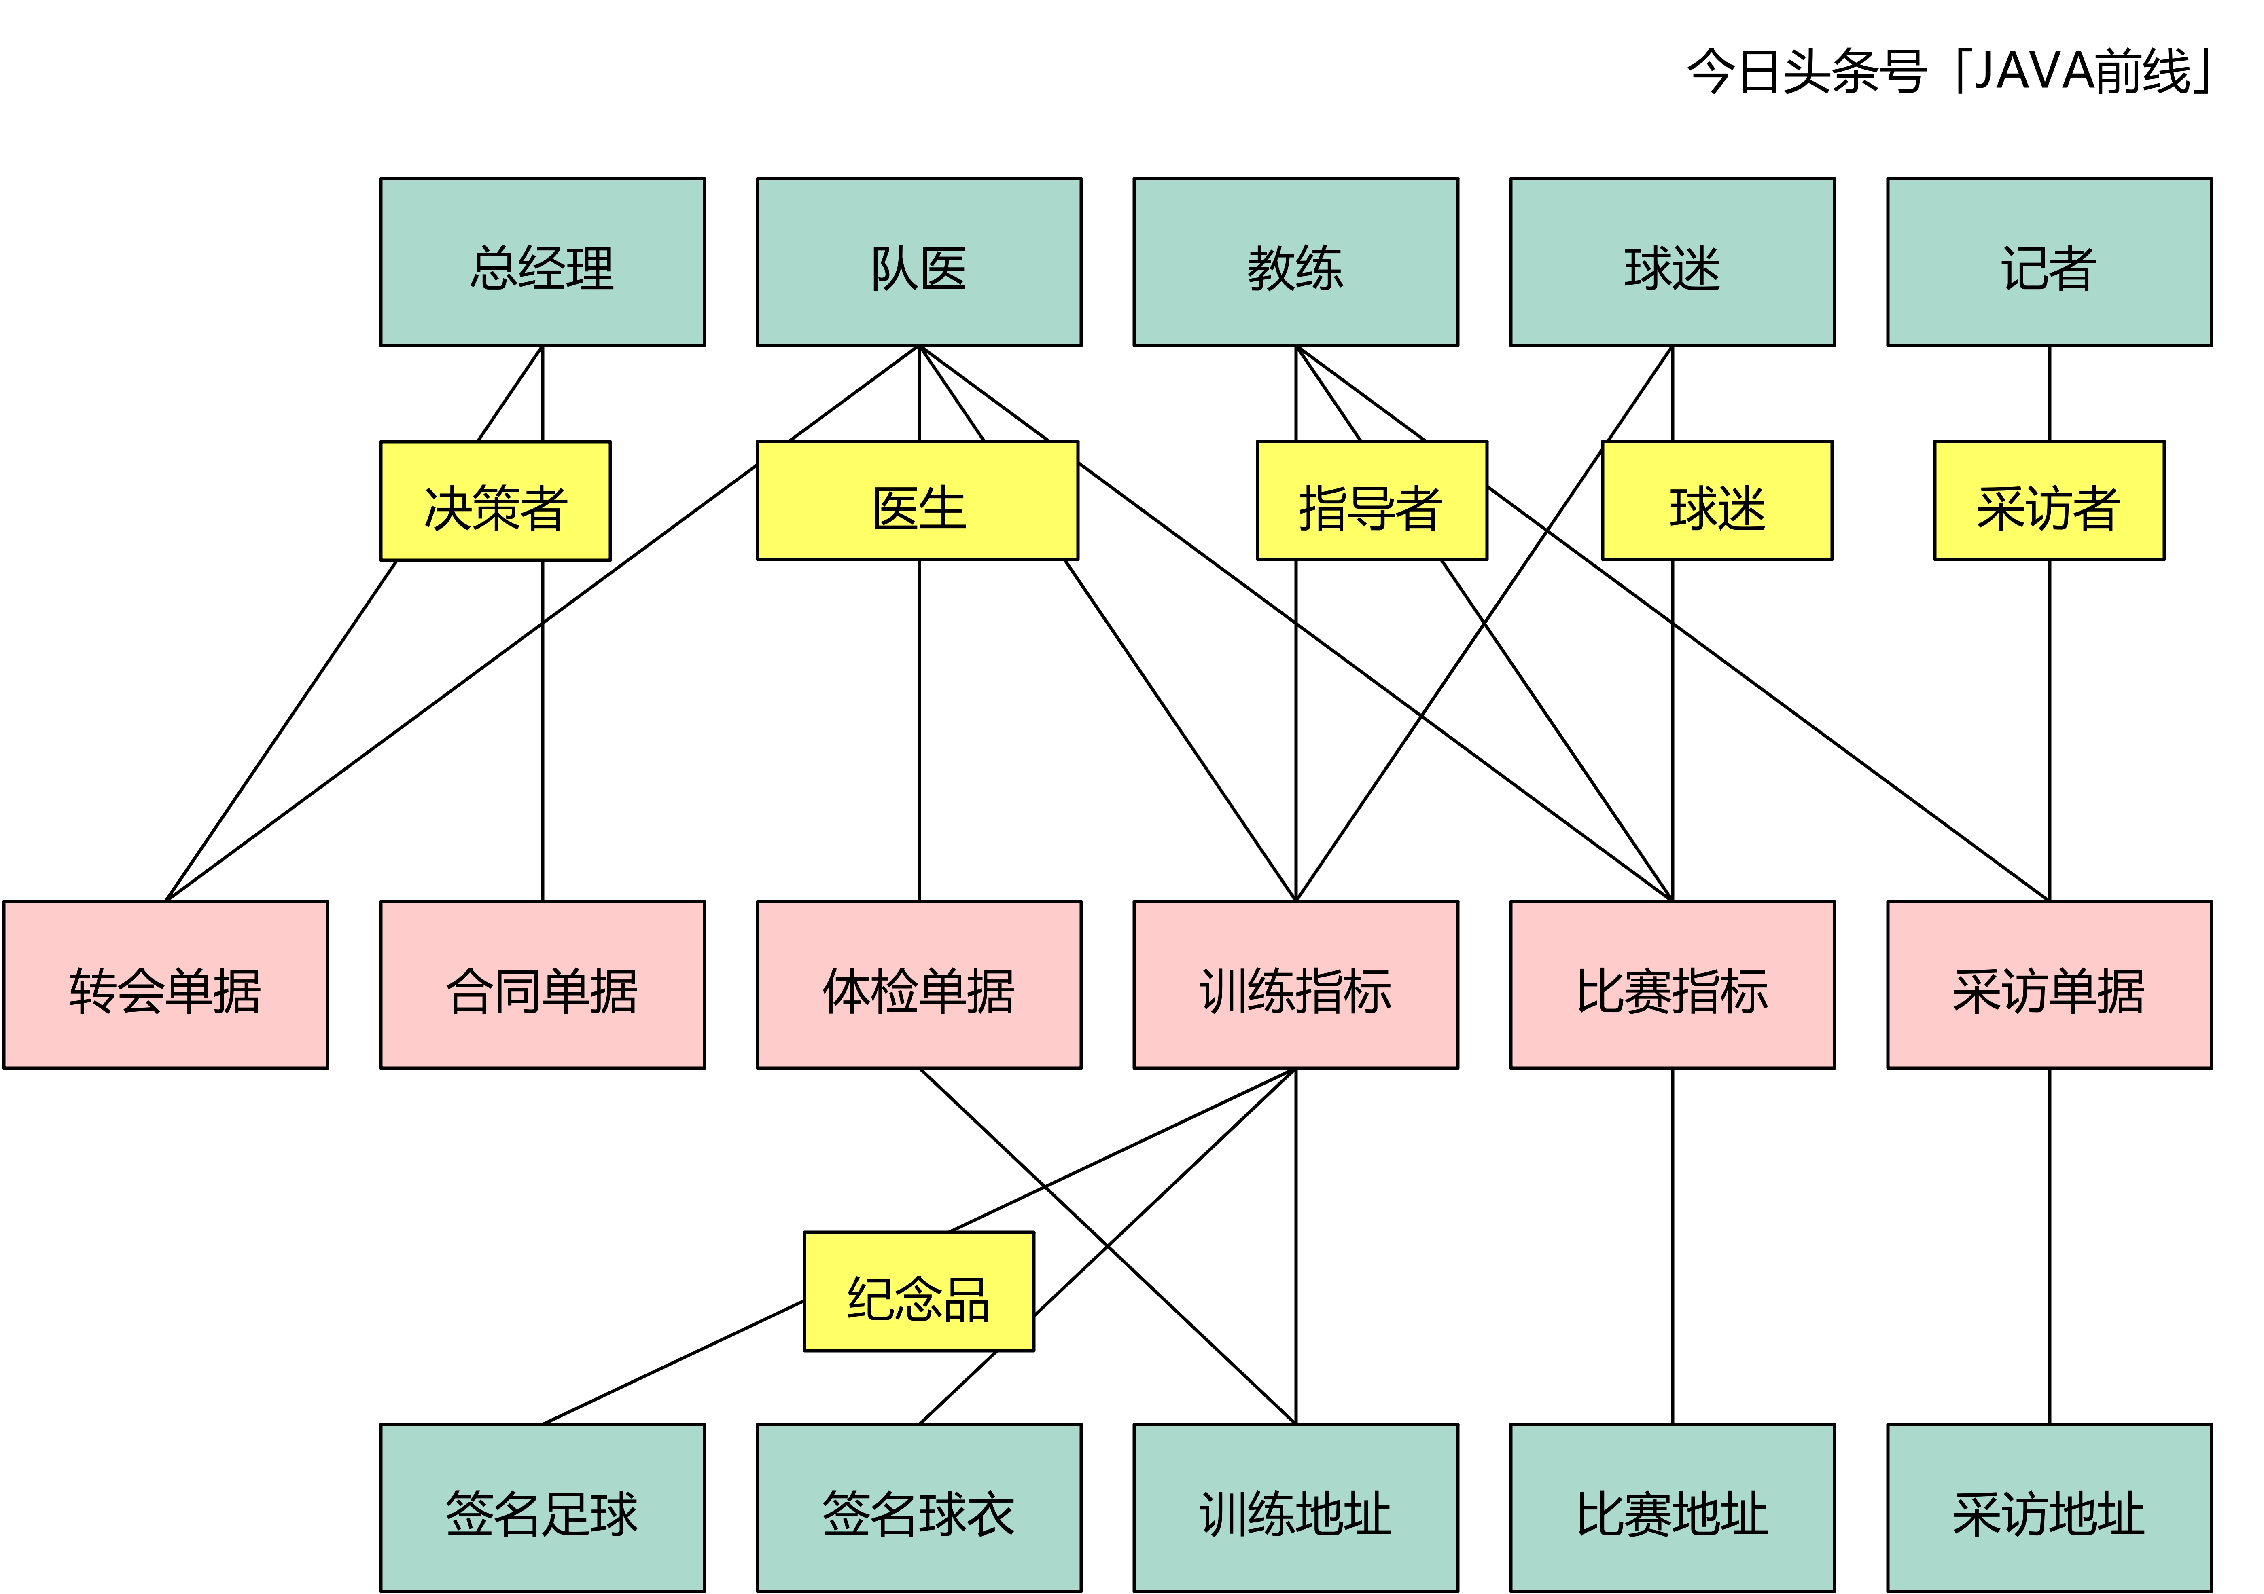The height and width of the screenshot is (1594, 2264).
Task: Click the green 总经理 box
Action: click(x=543, y=262)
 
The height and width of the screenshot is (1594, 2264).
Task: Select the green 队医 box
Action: click(x=919, y=262)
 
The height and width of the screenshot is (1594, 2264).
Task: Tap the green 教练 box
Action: click(x=1296, y=262)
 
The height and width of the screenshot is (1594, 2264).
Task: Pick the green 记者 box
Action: click(x=2049, y=262)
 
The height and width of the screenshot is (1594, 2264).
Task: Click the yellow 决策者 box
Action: click(x=495, y=501)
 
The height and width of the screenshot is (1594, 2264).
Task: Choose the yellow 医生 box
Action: click(x=917, y=501)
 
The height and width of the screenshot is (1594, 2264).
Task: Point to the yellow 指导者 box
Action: click(x=1372, y=501)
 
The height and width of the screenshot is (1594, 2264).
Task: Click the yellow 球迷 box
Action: click(x=1717, y=501)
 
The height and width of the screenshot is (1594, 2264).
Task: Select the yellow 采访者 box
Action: click(x=2049, y=501)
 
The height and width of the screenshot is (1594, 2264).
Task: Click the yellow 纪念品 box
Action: click(x=919, y=1292)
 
